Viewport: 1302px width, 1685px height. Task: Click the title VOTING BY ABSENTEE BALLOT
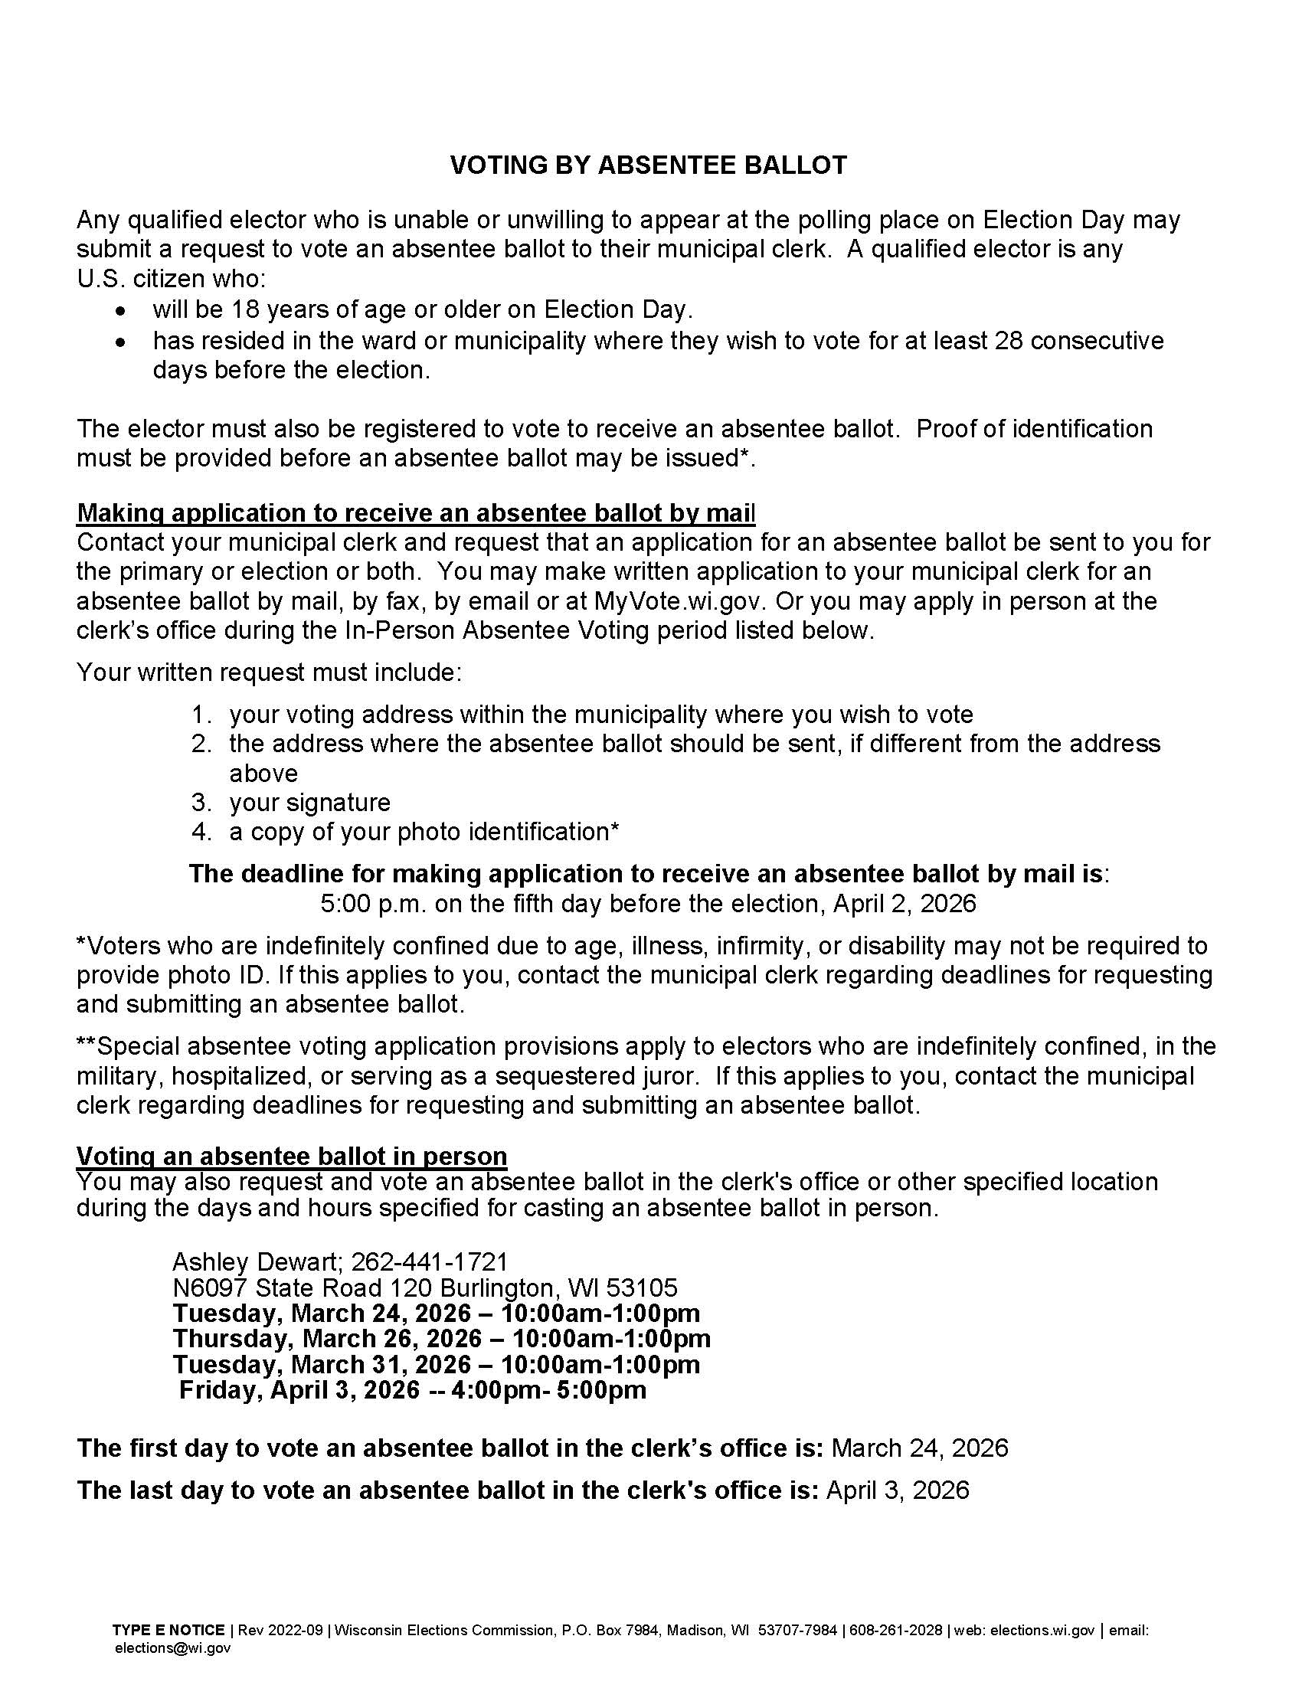[x=649, y=165]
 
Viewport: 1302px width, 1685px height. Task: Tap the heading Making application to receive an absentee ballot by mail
[x=416, y=513]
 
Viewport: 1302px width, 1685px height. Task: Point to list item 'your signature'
[x=309, y=803]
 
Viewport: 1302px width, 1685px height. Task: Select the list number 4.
[x=201, y=832]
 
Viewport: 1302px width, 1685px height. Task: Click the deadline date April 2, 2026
[x=904, y=904]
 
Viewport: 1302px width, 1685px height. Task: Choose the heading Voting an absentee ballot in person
[x=292, y=1156]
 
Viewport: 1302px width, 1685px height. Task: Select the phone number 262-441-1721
[x=430, y=1261]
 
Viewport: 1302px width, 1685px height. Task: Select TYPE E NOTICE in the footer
[x=169, y=1630]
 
